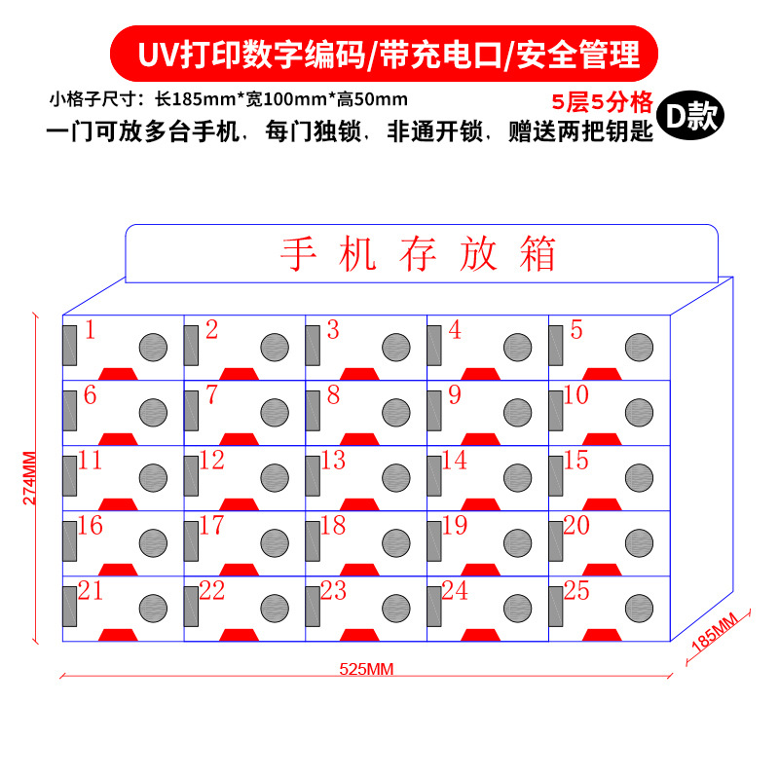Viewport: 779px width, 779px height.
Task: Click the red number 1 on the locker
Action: (90, 330)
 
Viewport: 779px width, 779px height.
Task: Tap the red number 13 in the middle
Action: (333, 460)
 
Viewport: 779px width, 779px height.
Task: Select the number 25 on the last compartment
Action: (575, 590)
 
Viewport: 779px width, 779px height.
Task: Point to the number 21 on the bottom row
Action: (90, 590)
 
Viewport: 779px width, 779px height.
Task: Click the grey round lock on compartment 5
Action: (639, 346)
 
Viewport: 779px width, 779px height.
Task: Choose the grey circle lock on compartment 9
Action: (518, 411)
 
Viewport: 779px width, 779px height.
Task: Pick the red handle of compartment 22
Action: (239, 635)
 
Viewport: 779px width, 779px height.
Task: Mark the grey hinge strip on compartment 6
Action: (70, 409)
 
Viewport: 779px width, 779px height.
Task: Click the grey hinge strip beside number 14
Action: (433, 474)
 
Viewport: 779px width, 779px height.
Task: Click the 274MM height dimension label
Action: (30, 478)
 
